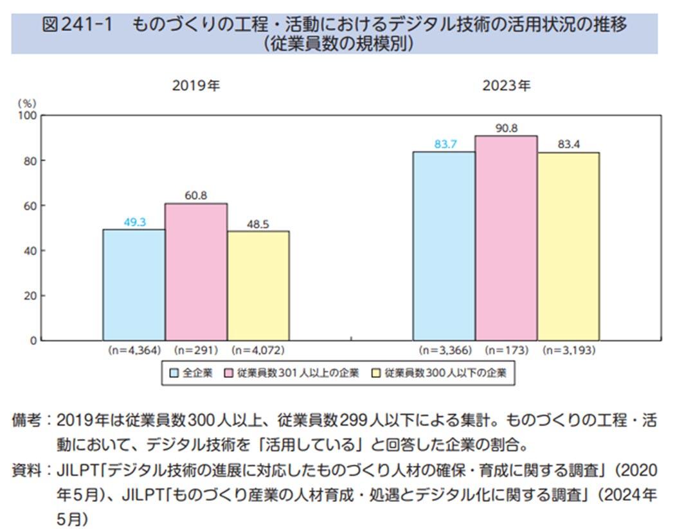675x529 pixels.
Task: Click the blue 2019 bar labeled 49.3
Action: pyautogui.click(x=134, y=284)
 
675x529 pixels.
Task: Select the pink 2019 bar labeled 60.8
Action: pyautogui.click(x=196, y=271)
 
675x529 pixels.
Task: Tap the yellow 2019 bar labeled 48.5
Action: pyautogui.click(x=258, y=285)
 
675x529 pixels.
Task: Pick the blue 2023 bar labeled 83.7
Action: pyautogui.click(x=444, y=246)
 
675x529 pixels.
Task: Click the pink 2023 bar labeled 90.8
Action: pyautogui.click(x=506, y=237)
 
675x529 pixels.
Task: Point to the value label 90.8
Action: pyautogui.click(x=507, y=128)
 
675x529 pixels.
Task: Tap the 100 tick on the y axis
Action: pyautogui.click(x=28, y=116)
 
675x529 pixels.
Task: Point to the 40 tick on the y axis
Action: pyautogui.click(x=30, y=251)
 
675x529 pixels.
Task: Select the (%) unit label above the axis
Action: pyautogui.click(x=28, y=103)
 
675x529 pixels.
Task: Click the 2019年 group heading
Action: pyautogui.click(x=195, y=85)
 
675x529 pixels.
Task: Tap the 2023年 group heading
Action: pyautogui.click(x=507, y=85)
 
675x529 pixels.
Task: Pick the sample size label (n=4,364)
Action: pyautogui.click(x=134, y=351)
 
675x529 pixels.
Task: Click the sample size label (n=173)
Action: pyautogui.click(x=506, y=351)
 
